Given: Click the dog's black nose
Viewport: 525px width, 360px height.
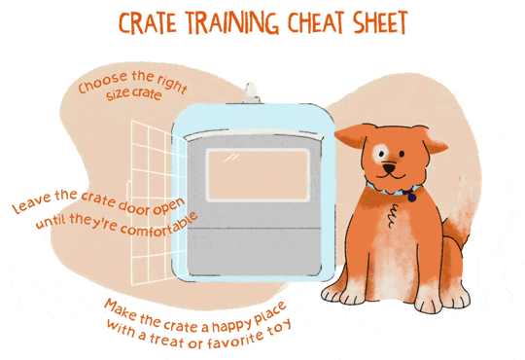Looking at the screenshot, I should click(x=390, y=167).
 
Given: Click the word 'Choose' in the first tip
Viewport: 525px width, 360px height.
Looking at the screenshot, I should click(x=97, y=89).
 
